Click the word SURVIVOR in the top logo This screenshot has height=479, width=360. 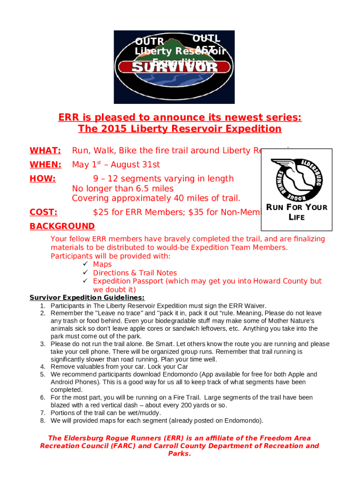point(175,67)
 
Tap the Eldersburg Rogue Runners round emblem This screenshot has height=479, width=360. point(296,177)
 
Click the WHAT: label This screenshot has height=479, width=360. point(45,150)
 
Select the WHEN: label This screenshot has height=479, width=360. point(45,164)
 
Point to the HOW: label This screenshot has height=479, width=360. point(43,178)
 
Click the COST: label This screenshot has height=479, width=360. point(43,212)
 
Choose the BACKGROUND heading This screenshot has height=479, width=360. point(62,226)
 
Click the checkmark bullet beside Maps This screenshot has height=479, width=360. point(86,264)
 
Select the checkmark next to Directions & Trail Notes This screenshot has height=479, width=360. point(86,273)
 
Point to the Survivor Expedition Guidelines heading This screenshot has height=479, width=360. point(87,298)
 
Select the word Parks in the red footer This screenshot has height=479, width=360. point(180,454)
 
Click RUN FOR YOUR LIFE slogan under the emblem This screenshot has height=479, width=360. point(296,212)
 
